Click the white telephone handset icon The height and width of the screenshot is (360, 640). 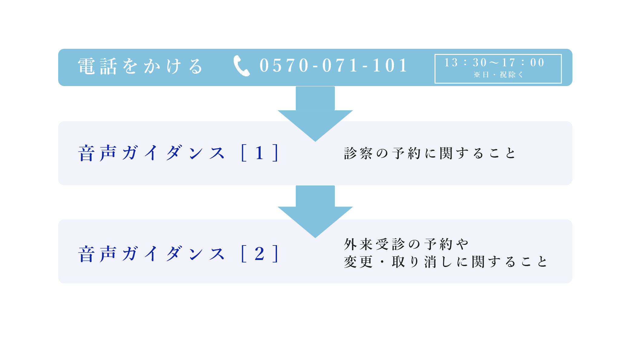(242, 66)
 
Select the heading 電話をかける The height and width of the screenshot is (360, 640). (140, 66)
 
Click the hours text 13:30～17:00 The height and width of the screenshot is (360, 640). (495, 62)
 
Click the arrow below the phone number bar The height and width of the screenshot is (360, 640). (315, 114)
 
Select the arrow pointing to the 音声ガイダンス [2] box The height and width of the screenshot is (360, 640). (315, 212)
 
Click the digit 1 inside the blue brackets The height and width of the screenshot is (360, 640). (259, 153)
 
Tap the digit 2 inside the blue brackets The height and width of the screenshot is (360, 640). (259, 254)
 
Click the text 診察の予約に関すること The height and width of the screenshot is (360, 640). (430, 153)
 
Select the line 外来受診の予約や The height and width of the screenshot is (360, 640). (406, 244)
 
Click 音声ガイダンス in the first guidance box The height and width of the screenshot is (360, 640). (152, 153)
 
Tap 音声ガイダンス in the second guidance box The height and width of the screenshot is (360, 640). (152, 254)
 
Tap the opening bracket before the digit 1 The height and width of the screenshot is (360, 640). (244, 153)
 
